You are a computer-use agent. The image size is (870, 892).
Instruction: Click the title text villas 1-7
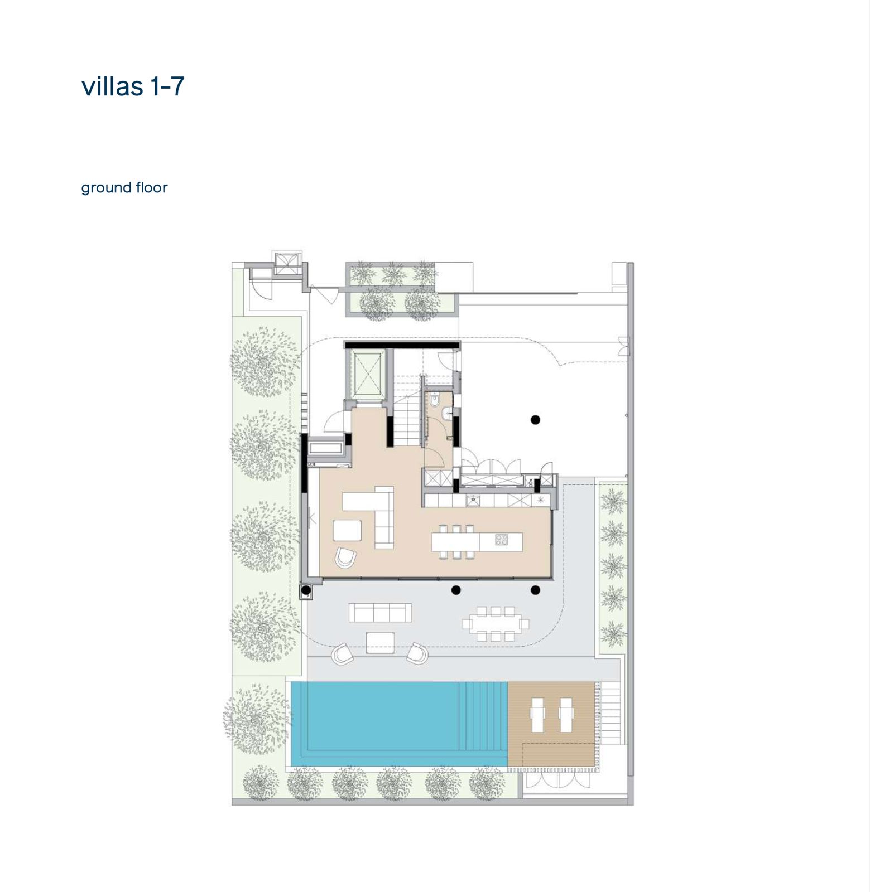click(133, 86)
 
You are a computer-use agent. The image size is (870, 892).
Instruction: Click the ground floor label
click(124, 188)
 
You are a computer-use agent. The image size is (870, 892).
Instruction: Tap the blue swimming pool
click(399, 723)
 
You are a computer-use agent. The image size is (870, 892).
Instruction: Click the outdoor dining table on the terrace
click(496, 623)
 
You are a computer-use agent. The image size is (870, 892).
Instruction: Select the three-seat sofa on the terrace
click(380, 612)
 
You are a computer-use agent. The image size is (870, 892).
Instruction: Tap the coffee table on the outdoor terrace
click(380, 642)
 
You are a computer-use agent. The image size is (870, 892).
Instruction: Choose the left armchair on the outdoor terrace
click(343, 653)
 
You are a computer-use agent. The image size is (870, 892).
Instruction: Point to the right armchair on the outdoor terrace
click(417, 653)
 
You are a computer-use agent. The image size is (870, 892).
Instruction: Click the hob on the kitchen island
click(501, 540)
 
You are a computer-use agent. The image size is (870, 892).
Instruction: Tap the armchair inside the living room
click(345, 557)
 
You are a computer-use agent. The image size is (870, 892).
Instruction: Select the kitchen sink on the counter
click(473, 500)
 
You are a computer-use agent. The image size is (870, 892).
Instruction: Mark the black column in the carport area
click(535, 420)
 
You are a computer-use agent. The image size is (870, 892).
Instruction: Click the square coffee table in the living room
click(347, 530)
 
